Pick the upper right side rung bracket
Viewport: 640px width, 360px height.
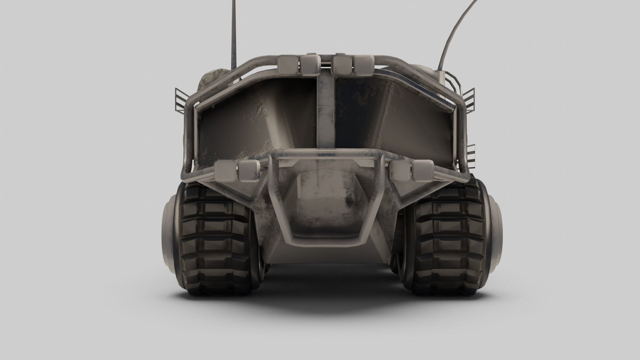[x=468, y=100]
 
